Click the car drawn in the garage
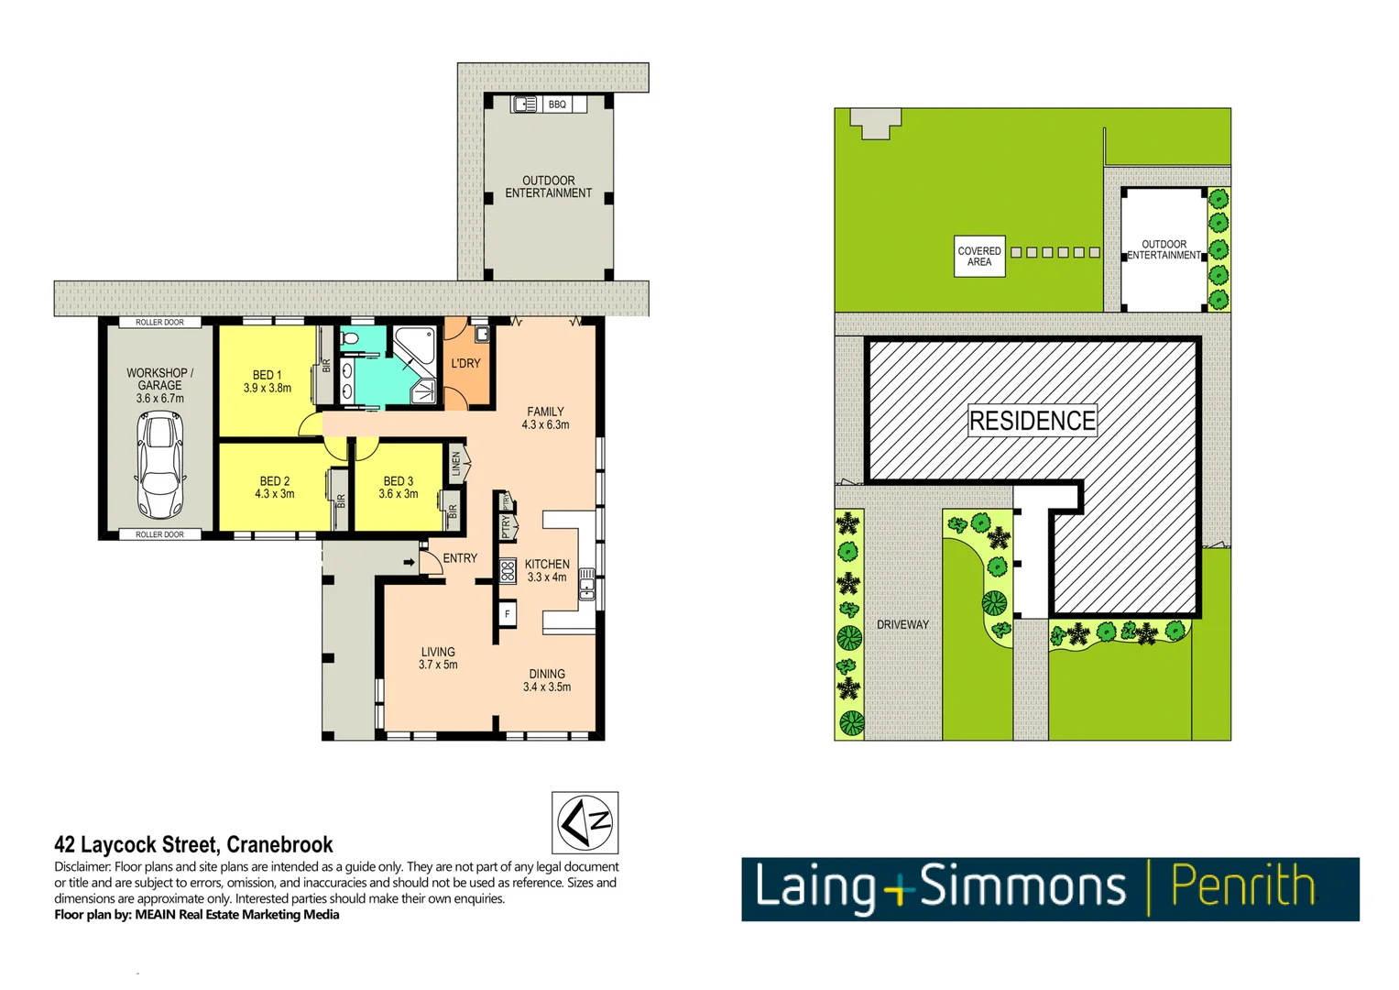pyautogui.click(x=160, y=466)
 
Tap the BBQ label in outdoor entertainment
pyautogui.click(x=557, y=104)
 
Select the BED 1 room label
pyautogui.click(x=267, y=375)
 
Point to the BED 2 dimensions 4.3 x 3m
pyautogui.click(x=275, y=494)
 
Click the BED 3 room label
pyautogui.click(x=398, y=481)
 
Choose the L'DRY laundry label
pyautogui.click(x=465, y=364)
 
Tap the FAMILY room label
pyautogui.click(x=545, y=412)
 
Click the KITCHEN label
pyautogui.click(x=547, y=565)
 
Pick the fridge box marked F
pyautogui.click(x=508, y=614)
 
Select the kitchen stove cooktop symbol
pyautogui.click(x=507, y=571)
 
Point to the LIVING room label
pyautogui.click(x=438, y=652)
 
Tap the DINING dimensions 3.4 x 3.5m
pyautogui.click(x=547, y=687)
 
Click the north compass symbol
pyautogui.click(x=585, y=822)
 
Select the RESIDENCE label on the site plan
pyautogui.click(x=1033, y=421)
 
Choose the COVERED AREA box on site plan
pyautogui.click(x=979, y=257)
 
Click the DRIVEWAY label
pyautogui.click(x=902, y=624)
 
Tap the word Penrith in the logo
pyautogui.click(x=1242, y=887)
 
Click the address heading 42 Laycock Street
pyautogui.click(x=193, y=844)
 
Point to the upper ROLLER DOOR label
pyautogui.click(x=159, y=323)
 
